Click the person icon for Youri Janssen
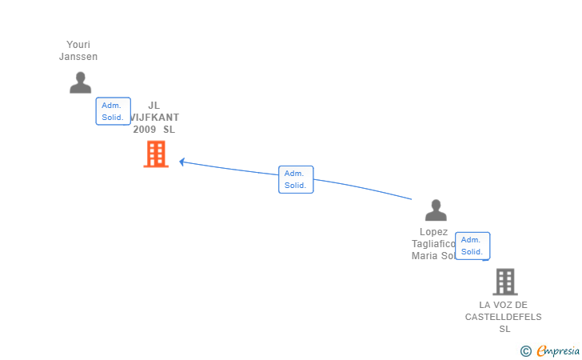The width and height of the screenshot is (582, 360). click(80, 82)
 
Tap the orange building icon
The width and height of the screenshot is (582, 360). click(156, 154)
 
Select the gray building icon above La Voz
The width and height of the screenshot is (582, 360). click(504, 282)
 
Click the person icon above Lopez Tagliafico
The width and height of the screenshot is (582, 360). click(436, 210)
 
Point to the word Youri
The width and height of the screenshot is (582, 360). click(78, 44)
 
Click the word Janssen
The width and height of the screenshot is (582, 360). click(78, 57)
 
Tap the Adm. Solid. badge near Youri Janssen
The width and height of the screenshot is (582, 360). click(113, 111)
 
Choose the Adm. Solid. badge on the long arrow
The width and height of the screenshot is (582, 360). click(295, 179)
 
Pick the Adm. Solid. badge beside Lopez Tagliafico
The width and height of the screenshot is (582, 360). click(472, 246)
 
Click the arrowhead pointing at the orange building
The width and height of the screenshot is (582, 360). click(182, 162)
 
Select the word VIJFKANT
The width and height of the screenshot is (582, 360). click(155, 117)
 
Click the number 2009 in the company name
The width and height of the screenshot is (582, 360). click(145, 130)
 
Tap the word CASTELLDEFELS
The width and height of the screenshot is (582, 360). click(504, 317)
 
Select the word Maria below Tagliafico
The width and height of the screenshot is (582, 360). click(425, 256)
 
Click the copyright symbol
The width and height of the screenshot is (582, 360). click(525, 350)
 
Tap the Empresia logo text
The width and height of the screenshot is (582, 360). click(558, 350)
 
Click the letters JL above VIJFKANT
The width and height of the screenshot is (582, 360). click(154, 105)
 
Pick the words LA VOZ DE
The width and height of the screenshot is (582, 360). click(504, 305)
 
